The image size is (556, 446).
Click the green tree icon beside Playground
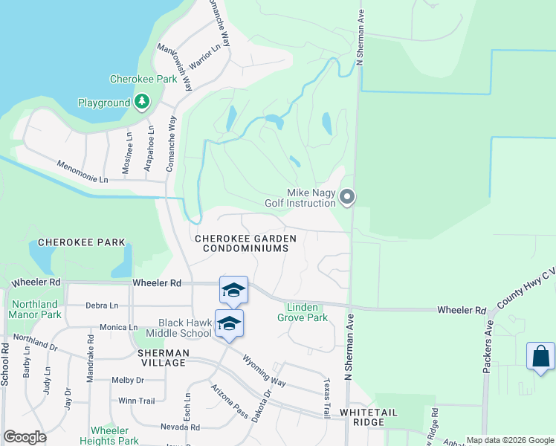click(142, 102)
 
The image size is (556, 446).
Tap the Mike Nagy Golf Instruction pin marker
click(348, 197)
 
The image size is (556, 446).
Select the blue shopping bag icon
click(540, 356)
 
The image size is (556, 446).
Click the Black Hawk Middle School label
click(185, 323)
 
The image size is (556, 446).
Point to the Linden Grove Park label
click(303, 312)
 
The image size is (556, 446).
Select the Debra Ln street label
click(102, 306)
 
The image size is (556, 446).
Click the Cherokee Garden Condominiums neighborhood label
click(245, 244)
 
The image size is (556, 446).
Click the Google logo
click(25, 438)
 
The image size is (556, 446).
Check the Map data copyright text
click(510, 440)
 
